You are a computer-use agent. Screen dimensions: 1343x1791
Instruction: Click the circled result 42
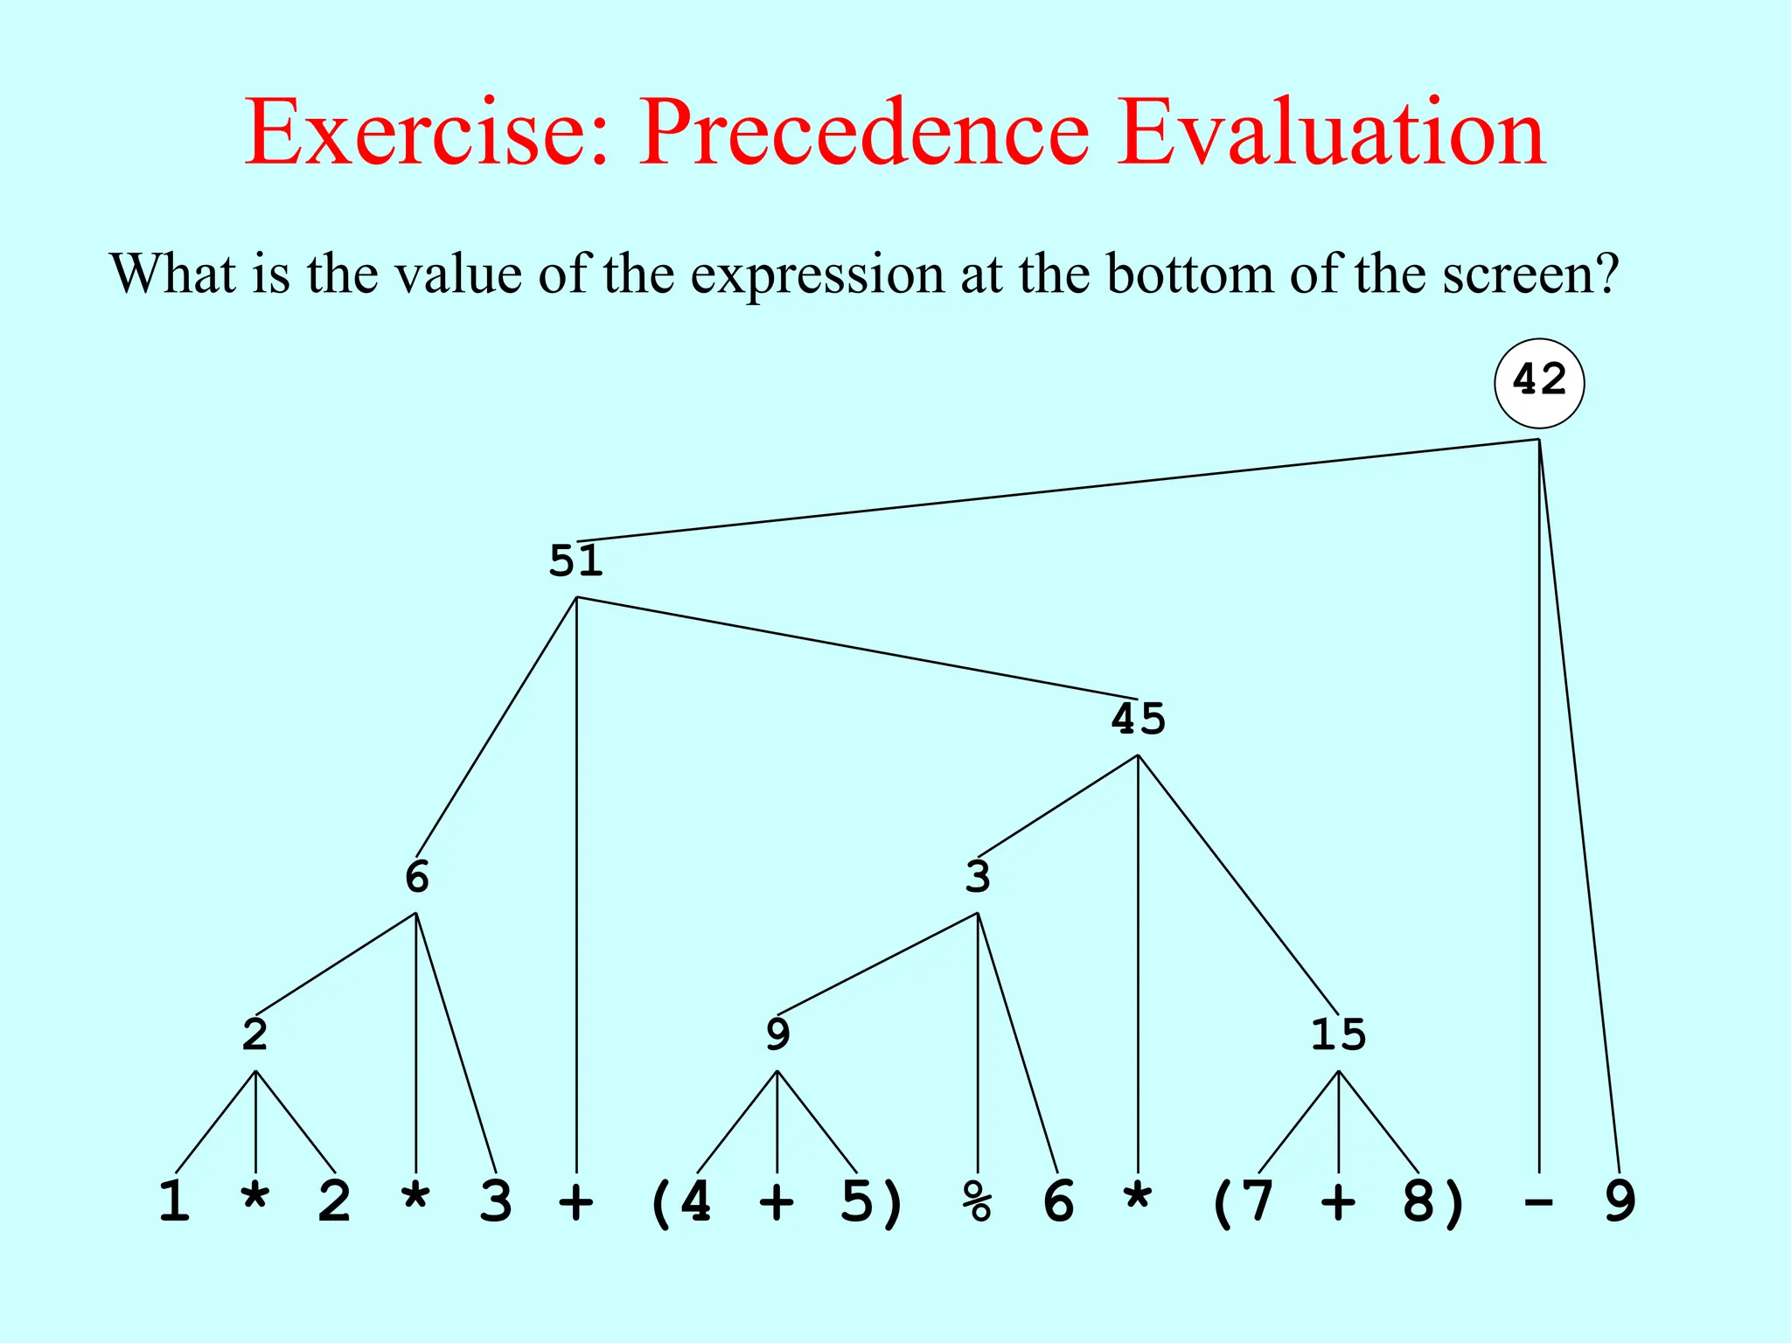point(1539,382)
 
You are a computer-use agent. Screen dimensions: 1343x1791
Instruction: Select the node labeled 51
point(575,560)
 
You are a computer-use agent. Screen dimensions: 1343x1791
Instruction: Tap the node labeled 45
point(1138,719)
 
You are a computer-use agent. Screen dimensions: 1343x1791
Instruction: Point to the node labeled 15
point(1338,1034)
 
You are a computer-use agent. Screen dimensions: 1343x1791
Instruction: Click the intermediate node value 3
point(977,876)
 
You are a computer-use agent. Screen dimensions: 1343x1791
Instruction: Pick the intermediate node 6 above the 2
point(416,876)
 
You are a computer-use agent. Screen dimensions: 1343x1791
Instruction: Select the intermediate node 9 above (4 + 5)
point(777,1034)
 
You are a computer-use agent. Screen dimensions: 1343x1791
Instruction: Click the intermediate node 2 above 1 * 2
point(254,1034)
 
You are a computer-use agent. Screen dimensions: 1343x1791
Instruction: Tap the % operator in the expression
point(977,1201)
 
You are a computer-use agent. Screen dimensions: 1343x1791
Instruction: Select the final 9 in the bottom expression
point(1620,1201)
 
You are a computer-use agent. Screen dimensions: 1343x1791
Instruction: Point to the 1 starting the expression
point(174,1201)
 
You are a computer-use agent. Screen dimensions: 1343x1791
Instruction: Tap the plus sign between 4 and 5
point(777,1203)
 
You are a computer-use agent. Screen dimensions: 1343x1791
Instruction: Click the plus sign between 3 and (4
point(576,1203)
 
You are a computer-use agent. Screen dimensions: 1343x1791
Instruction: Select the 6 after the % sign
point(1058,1201)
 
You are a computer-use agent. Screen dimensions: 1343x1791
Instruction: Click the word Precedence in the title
point(864,133)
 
